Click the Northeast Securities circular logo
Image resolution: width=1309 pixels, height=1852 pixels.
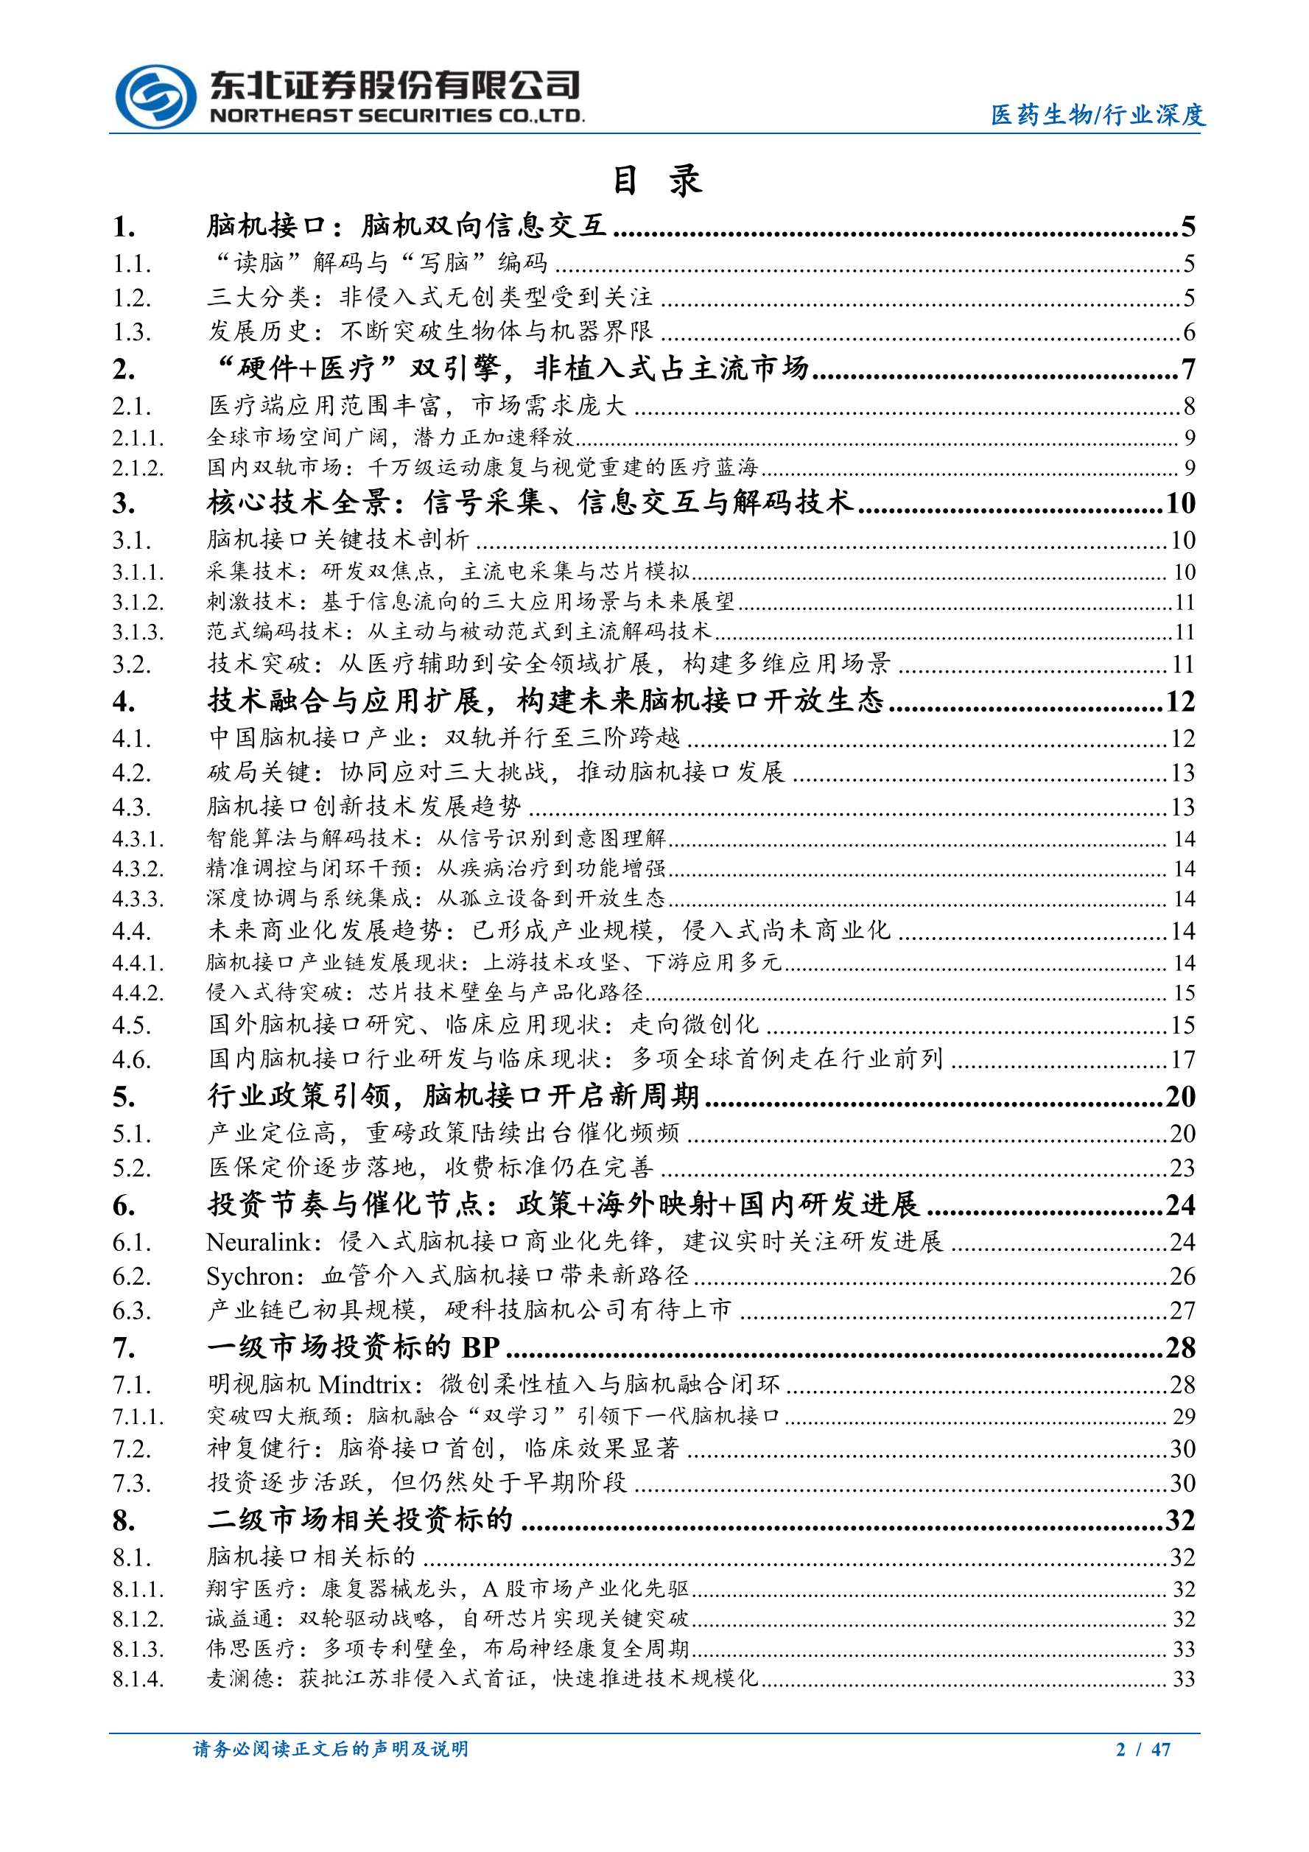tap(155, 100)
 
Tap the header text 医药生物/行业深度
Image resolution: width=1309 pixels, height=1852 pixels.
tap(1098, 116)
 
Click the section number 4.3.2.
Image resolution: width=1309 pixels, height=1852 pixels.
tap(138, 869)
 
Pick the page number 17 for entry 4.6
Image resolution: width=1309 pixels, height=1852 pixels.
tap(1182, 1059)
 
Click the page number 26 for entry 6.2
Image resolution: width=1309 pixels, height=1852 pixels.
tap(1182, 1276)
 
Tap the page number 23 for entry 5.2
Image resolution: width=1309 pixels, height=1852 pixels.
tap(1182, 1167)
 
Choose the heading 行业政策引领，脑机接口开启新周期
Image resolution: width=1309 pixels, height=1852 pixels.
tap(453, 1096)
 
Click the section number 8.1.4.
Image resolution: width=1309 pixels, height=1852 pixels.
tap(138, 1680)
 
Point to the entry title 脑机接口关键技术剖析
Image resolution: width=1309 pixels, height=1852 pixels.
tap(338, 540)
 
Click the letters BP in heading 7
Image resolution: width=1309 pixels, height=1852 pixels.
tap(481, 1348)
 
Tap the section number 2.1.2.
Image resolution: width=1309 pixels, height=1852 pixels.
tap(138, 468)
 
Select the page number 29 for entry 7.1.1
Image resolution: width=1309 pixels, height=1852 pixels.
tap(1183, 1417)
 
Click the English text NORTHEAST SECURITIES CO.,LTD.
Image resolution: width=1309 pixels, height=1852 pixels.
tap(397, 116)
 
